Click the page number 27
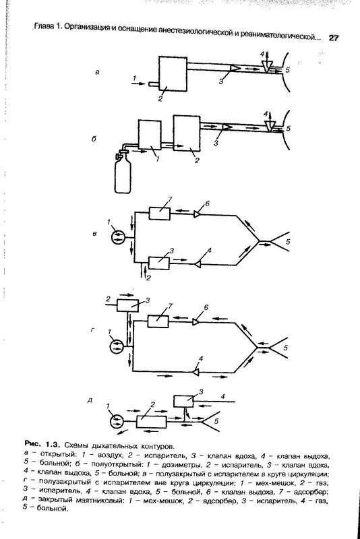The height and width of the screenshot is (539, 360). point(333,38)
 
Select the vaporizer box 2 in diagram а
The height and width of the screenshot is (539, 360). point(173,74)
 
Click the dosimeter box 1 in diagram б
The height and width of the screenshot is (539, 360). point(150,134)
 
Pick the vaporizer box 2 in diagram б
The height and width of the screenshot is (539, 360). point(187,133)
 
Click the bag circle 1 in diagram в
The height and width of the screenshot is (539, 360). point(119,237)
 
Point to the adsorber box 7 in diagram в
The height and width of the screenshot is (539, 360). point(160,214)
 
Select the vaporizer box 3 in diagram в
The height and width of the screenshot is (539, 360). point(158,263)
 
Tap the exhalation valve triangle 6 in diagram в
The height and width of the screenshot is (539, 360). point(198,214)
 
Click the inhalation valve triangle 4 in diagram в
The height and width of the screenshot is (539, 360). point(198,264)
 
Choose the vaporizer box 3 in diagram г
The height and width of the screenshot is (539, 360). point(127,305)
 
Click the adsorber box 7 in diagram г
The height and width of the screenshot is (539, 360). point(158,321)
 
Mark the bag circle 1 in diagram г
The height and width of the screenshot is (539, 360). point(117,346)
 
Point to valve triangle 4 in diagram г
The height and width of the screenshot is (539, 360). point(196,372)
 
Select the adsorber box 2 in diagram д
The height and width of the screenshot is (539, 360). point(151,422)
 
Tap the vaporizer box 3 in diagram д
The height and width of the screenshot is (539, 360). point(183,402)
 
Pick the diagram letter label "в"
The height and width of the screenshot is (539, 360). point(95,234)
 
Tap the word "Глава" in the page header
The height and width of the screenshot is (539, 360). point(44,27)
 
